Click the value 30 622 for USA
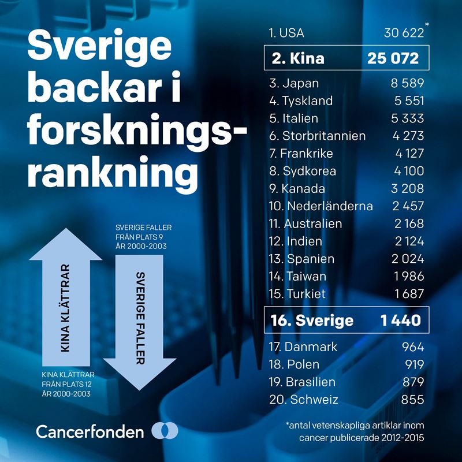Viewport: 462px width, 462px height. pos(404,33)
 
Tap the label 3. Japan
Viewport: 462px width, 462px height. pos(294,83)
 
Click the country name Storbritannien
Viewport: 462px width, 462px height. pos(324,136)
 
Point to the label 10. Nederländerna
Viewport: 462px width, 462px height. pos(321,206)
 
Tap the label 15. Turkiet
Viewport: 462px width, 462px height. pos(297,293)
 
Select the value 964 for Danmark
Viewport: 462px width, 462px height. pos(412,347)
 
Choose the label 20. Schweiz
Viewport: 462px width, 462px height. pos(304,400)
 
